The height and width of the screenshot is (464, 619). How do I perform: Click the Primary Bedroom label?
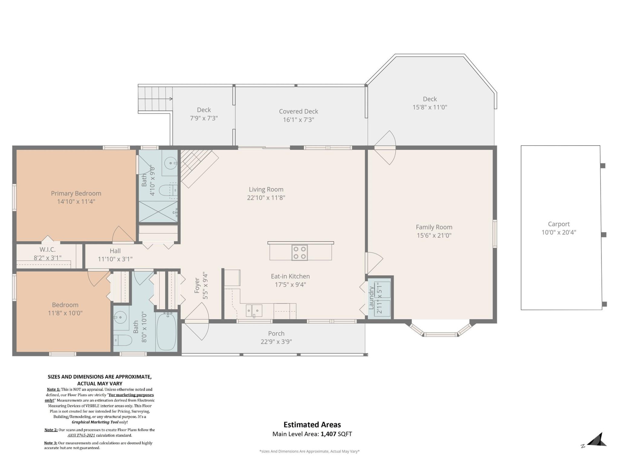tap(76, 193)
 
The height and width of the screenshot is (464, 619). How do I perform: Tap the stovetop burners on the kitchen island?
tap(300, 253)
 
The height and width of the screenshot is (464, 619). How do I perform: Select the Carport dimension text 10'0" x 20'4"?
tap(559, 232)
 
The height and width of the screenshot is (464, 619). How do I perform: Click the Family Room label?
tap(434, 227)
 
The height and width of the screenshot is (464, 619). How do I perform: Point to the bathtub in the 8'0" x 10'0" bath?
tap(166, 332)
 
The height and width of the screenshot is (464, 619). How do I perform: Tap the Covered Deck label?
tap(299, 111)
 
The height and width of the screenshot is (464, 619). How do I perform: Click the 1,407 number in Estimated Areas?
tap(328, 434)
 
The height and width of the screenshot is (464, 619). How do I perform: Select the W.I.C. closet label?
tap(48, 250)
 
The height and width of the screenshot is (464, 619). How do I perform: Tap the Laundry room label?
tap(371, 298)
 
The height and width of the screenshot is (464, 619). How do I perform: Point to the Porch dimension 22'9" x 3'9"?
tap(276, 342)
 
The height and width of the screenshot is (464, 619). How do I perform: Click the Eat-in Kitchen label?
tap(290, 276)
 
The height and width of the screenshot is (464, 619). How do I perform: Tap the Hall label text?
tap(115, 251)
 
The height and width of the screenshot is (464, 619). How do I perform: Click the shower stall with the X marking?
tap(158, 211)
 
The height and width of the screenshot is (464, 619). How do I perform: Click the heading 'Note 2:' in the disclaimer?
tap(51, 430)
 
